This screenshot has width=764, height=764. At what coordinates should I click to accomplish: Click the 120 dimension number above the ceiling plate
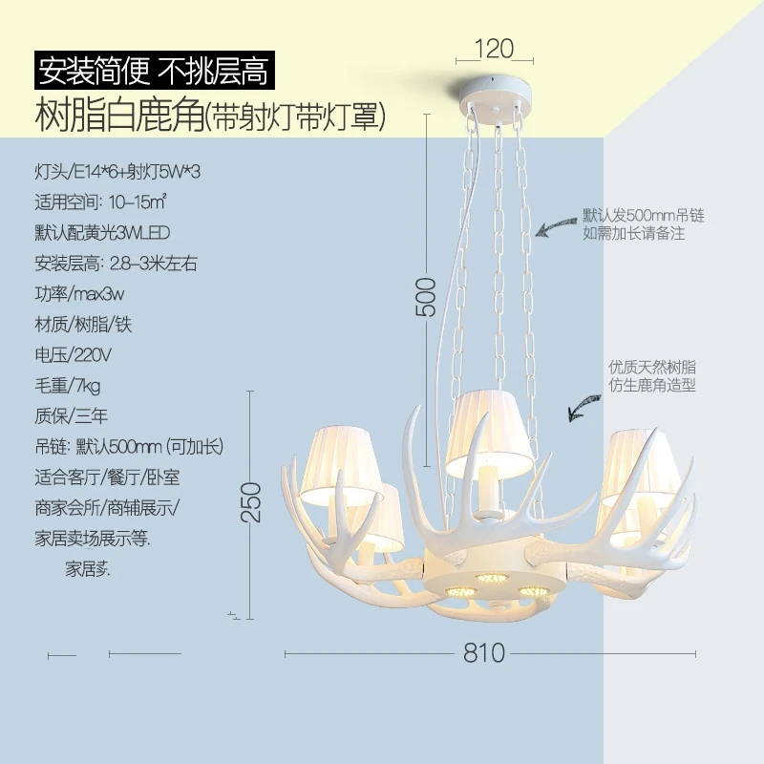(494, 49)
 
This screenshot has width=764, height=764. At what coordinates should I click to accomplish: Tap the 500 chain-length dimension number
(426, 297)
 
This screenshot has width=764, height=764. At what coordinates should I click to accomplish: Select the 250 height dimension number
(251, 502)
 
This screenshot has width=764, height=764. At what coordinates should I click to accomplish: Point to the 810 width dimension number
(484, 653)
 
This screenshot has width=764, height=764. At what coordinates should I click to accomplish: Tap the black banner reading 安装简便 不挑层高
(155, 71)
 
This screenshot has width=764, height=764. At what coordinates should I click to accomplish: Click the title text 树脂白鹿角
(119, 115)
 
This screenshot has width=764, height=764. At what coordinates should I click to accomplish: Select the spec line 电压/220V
(74, 354)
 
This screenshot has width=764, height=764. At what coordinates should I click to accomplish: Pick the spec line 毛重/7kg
(67, 386)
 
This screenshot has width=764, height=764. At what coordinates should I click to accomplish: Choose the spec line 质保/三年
(71, 415)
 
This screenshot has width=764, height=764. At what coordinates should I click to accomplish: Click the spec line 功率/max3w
(79, 294)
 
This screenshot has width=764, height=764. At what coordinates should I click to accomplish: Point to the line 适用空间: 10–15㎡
(100, 202)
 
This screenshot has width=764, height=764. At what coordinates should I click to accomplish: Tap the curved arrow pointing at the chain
(556, 225)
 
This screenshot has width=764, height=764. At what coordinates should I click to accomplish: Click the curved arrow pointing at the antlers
(584, 408)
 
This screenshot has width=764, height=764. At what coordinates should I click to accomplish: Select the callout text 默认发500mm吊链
(644, 216)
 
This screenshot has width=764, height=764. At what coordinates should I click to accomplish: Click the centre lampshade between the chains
(489, 434)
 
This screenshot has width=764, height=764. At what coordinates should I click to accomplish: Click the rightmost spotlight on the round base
(534, 591)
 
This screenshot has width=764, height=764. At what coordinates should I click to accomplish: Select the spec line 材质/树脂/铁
(83, 325)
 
